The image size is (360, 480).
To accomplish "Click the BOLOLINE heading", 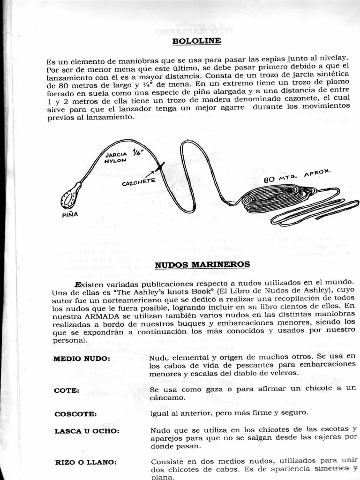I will (196, 41).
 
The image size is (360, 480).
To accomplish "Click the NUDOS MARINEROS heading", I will (202, 264).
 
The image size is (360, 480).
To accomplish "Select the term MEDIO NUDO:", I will (82, 359).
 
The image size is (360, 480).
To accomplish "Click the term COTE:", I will (67, 390).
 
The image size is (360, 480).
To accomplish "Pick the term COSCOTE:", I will (75, 414).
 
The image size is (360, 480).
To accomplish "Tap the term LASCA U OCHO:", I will (87, 431).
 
